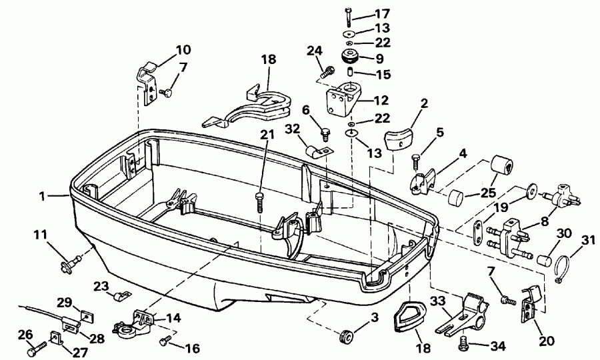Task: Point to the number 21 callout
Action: [x=267, y=135]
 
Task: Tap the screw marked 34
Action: [x=465, y=344]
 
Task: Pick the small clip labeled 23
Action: [x=121, y=293]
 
